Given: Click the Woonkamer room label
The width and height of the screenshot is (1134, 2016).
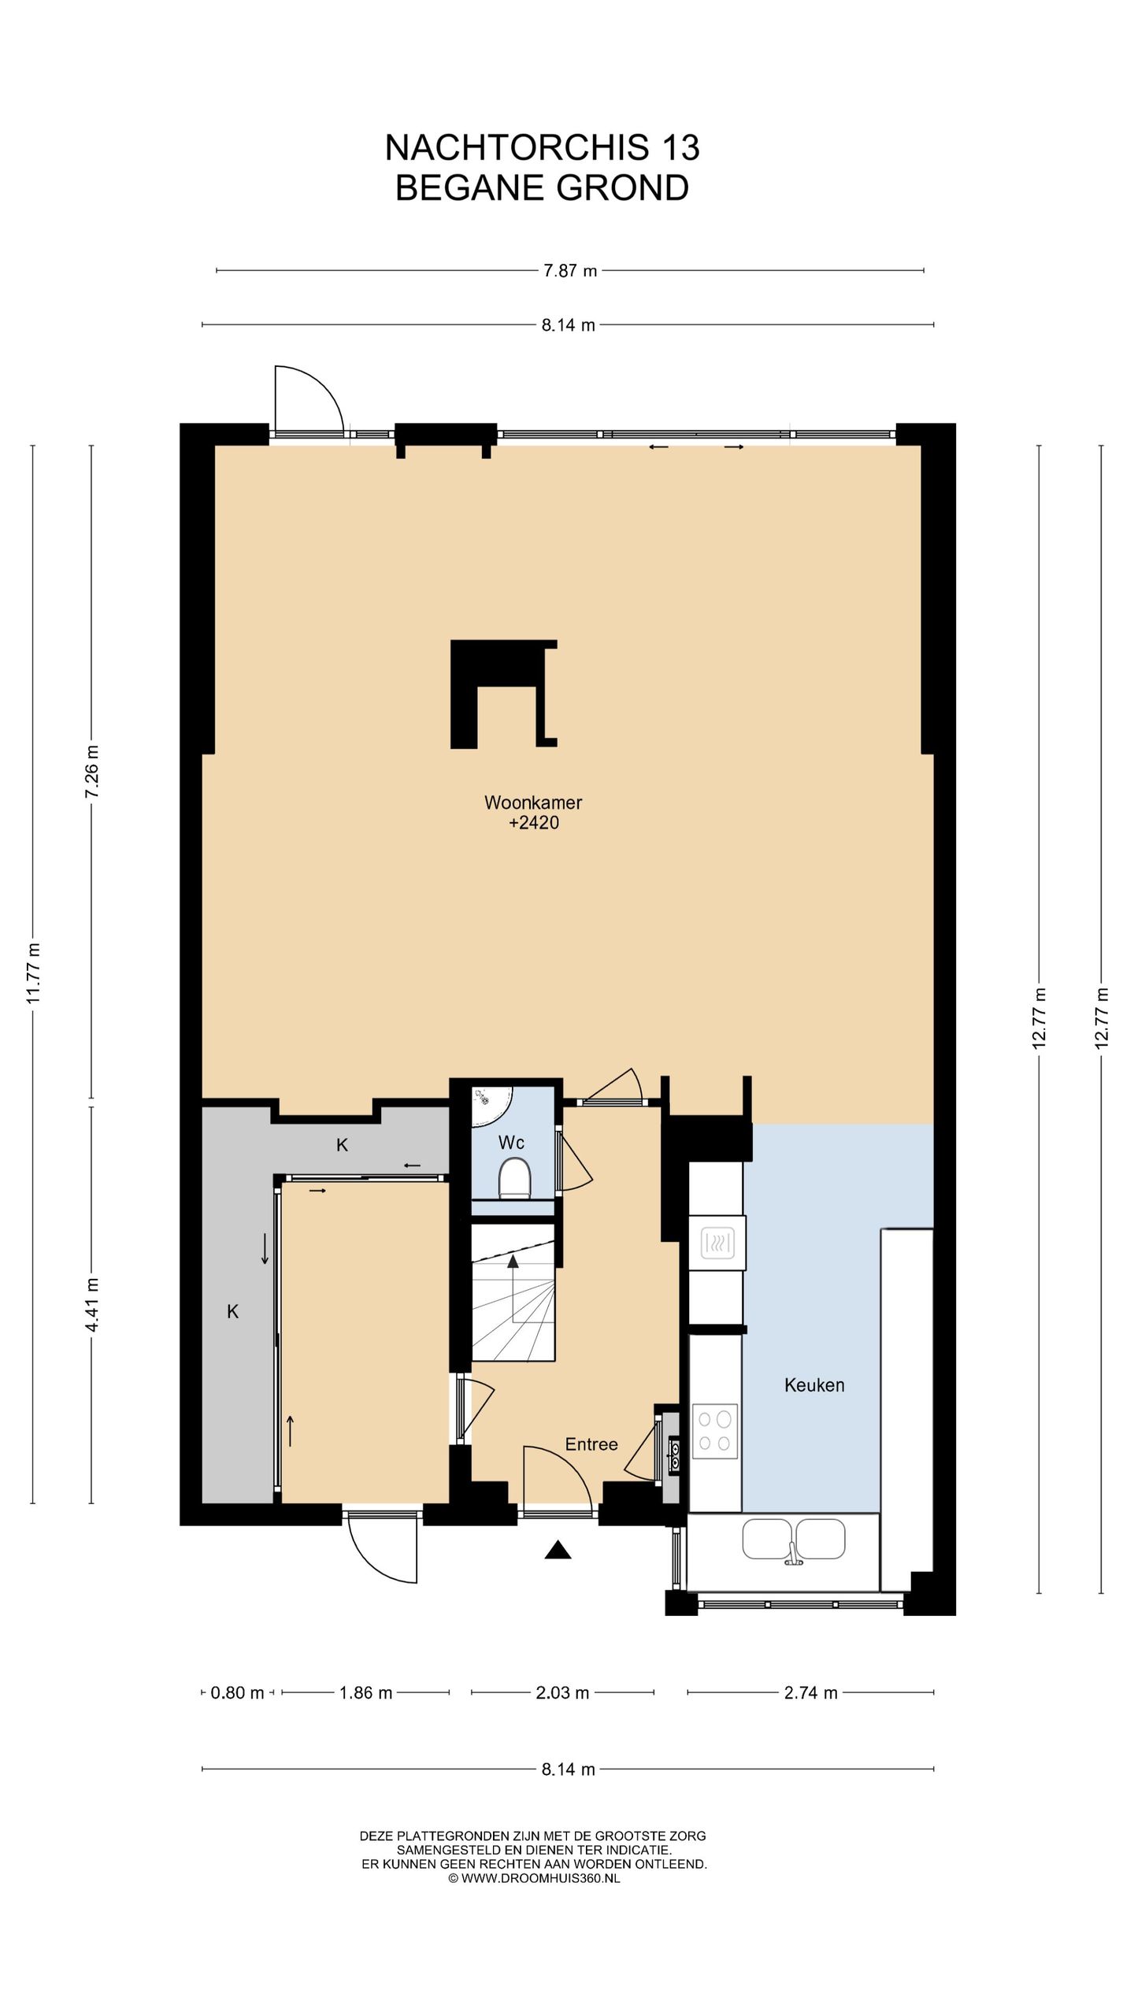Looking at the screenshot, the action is pyautogui.click(x=533, y=802).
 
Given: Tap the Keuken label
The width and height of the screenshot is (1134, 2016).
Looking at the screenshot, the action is pyautogui.click(x=814, y=1385).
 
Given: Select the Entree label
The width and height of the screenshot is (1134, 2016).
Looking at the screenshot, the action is pyautogui.click(x=591, y=1444).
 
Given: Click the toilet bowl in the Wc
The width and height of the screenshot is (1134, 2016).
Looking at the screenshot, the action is pyautogui.click(x=515, y=1182).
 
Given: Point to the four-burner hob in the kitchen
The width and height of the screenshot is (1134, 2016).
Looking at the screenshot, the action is pyautogui.click(x=715, y=1431).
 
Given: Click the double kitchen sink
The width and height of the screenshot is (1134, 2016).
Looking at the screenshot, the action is pyautogui.click(x=794, y=1540).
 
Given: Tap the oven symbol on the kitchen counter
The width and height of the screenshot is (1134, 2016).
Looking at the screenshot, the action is pyautogui.click(x=717, y=1244).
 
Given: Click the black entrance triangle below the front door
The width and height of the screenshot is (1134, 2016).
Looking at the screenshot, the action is pyautogui.click(x=558, y=1550).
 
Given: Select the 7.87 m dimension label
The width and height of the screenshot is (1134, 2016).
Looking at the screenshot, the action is pyautogui.click(x=570, y=271).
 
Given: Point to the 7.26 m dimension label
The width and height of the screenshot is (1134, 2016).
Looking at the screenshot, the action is pyautogui.click(x=92, y=771).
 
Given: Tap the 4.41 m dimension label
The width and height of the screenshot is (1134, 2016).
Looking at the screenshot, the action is pyautogui.click(x=92, y=1306).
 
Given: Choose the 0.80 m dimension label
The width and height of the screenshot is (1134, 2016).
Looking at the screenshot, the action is pyautogui.click(x=237, y=1693).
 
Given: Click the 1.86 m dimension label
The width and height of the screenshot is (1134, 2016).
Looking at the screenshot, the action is pyautogui.click(x=365, y=1693).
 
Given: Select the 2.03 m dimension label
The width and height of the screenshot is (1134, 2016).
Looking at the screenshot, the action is pyautogui.click(x=562, y=1693).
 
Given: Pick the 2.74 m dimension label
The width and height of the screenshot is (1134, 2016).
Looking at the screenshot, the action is pyautogui.click(x=810, y=1693).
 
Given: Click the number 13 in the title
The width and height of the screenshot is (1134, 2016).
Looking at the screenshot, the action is pyautogui.click(x=680, y=147).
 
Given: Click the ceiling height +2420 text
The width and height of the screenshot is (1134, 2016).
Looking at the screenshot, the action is pyautogui.click(x=534, y=823).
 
